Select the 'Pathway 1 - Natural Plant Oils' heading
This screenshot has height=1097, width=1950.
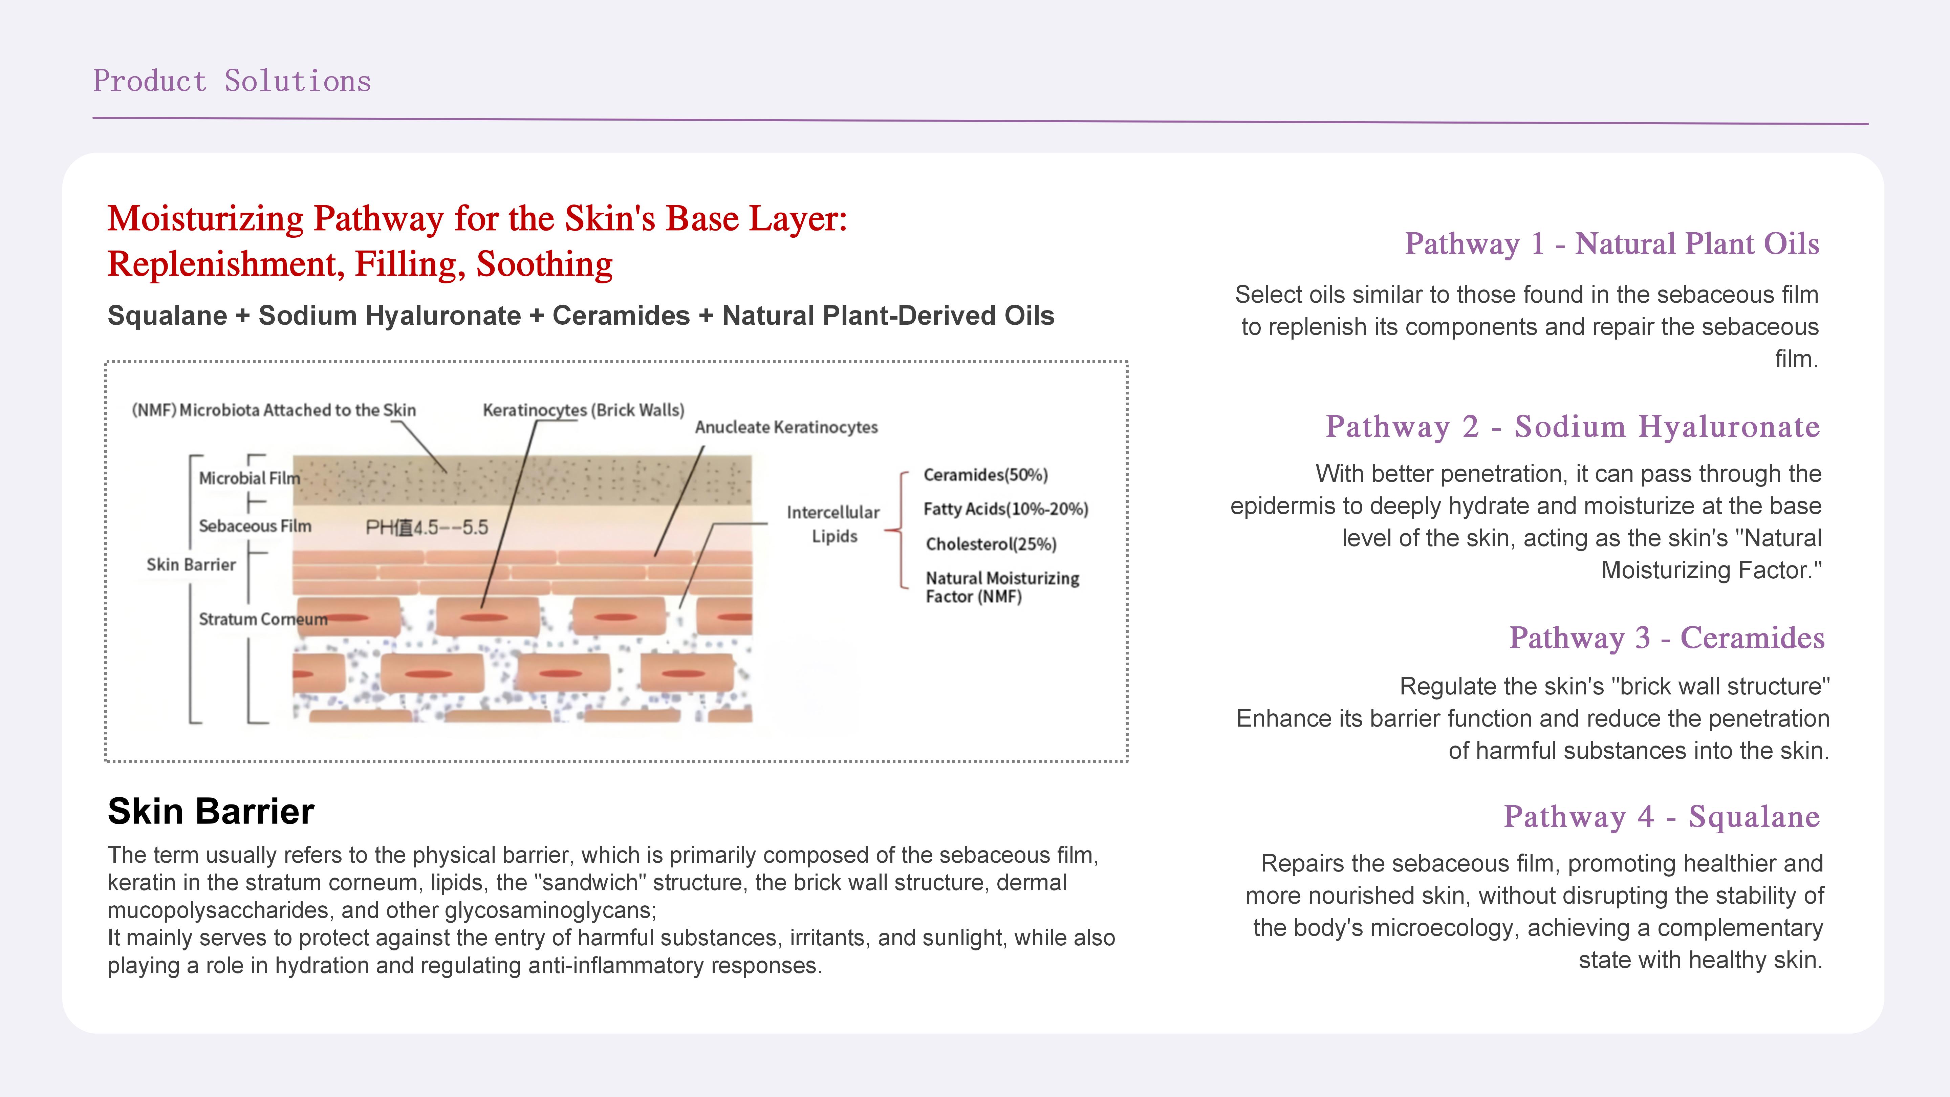[x=1611, y=244]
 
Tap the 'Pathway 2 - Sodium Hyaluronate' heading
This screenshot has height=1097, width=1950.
[x=1572, y=426]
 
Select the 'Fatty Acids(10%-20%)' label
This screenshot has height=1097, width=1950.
[x=1005, y=509]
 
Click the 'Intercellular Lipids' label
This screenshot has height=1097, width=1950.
[x=833, y=524]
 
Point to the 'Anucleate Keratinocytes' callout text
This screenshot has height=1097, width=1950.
[x=786, y=427]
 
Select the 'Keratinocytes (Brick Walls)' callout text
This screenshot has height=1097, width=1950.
[x=583, y=410]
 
